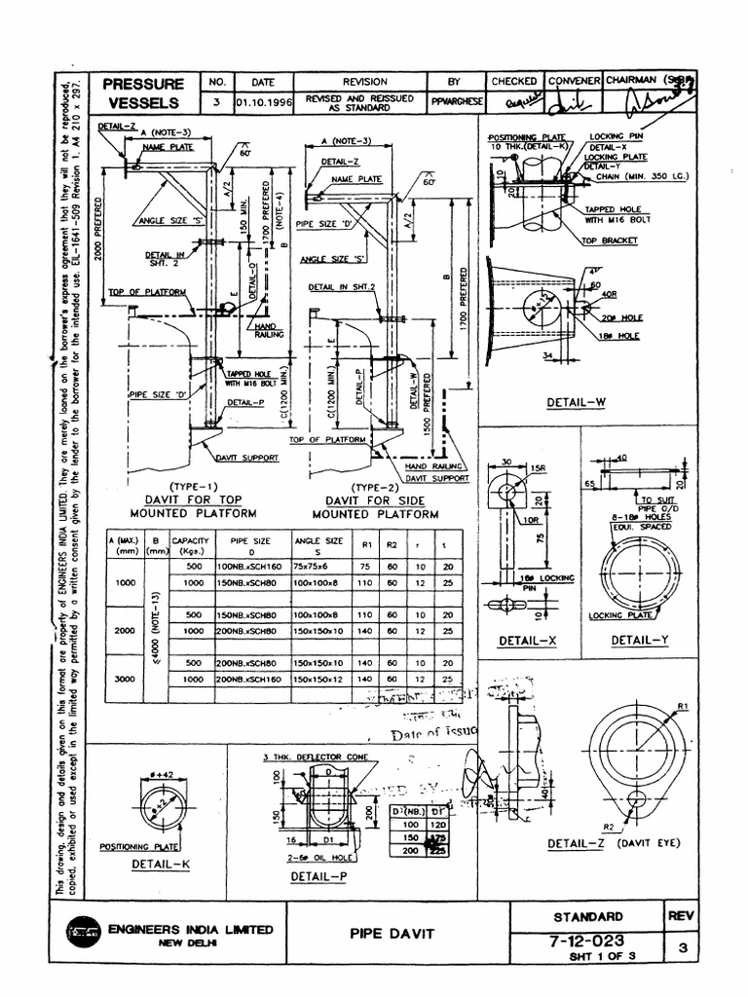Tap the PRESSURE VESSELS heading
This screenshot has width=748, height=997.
coord(144,92)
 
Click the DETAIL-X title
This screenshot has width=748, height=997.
coord(526,641)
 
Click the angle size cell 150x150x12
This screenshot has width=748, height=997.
coord(318,679)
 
